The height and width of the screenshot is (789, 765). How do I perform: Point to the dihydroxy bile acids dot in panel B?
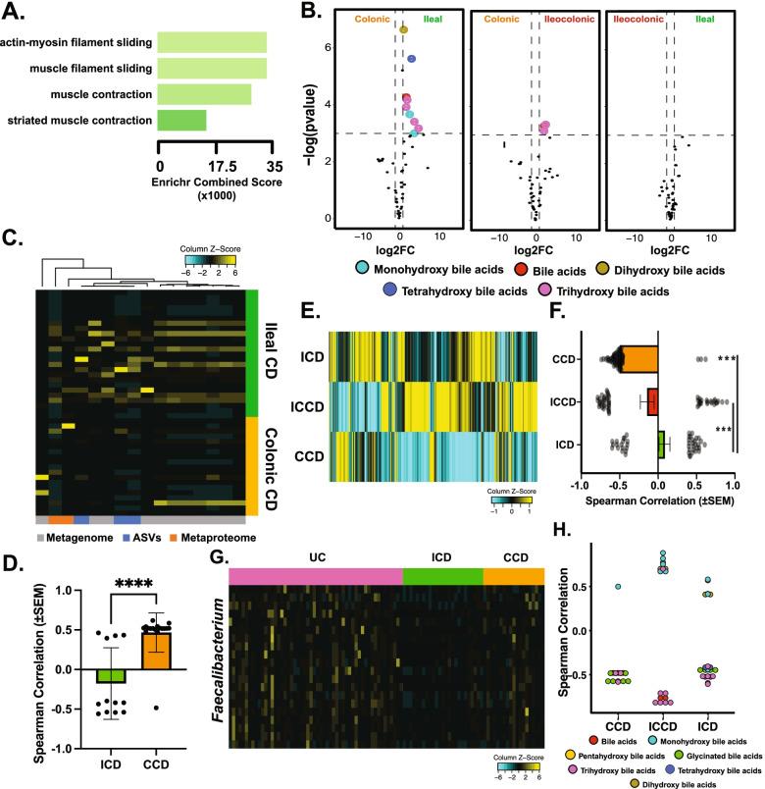(x=403, y=30)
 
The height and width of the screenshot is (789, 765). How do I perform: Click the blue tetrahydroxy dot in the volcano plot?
(x=412, y=60)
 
